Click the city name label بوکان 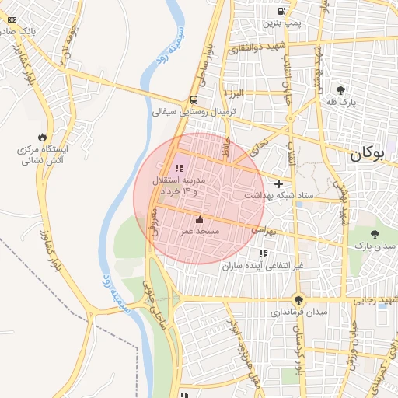coord(368,153)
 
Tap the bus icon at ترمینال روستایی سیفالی coord(193,99)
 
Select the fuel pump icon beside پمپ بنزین coord(281,11)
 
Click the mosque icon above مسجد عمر coord(201,220)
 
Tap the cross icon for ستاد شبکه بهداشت coord(278,183)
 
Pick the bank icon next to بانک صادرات coord(11,19)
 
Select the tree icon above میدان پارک coord(375,233)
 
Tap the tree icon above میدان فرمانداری coord(299,299)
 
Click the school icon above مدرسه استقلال coord(179,167)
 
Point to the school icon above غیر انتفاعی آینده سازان coord(262,253)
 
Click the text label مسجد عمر coord(201,232)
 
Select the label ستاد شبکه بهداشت coord(279,195)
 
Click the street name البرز coord(236,93)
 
